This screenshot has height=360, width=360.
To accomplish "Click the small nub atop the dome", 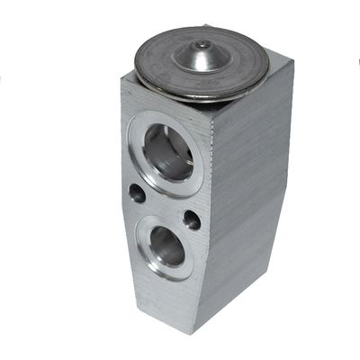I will point(202,44).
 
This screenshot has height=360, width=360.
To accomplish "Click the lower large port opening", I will point(166,244).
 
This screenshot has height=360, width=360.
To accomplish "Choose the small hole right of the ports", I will point(192,219).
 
